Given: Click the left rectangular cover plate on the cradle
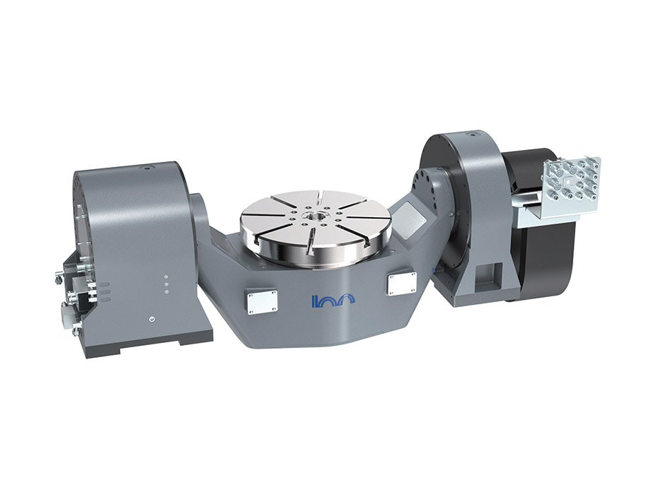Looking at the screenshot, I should (260, 301).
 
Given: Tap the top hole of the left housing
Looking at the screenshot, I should (148, 168).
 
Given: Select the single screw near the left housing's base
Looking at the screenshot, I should (152, 319).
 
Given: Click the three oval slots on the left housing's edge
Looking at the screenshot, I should (104, 292).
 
